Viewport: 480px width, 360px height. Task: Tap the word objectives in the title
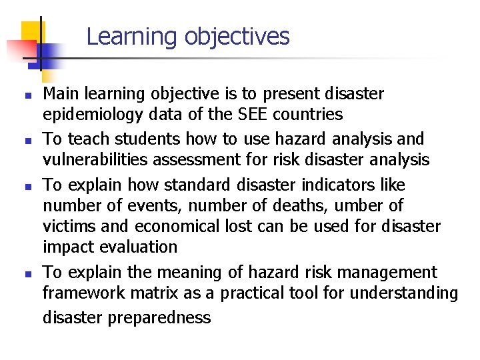pos(237,37)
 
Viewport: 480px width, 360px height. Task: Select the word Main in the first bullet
pos(58,94)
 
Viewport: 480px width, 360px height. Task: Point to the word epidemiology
pos(93,115)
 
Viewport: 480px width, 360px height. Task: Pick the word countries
pos(309,115)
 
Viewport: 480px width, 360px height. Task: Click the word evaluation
pos(138,248)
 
